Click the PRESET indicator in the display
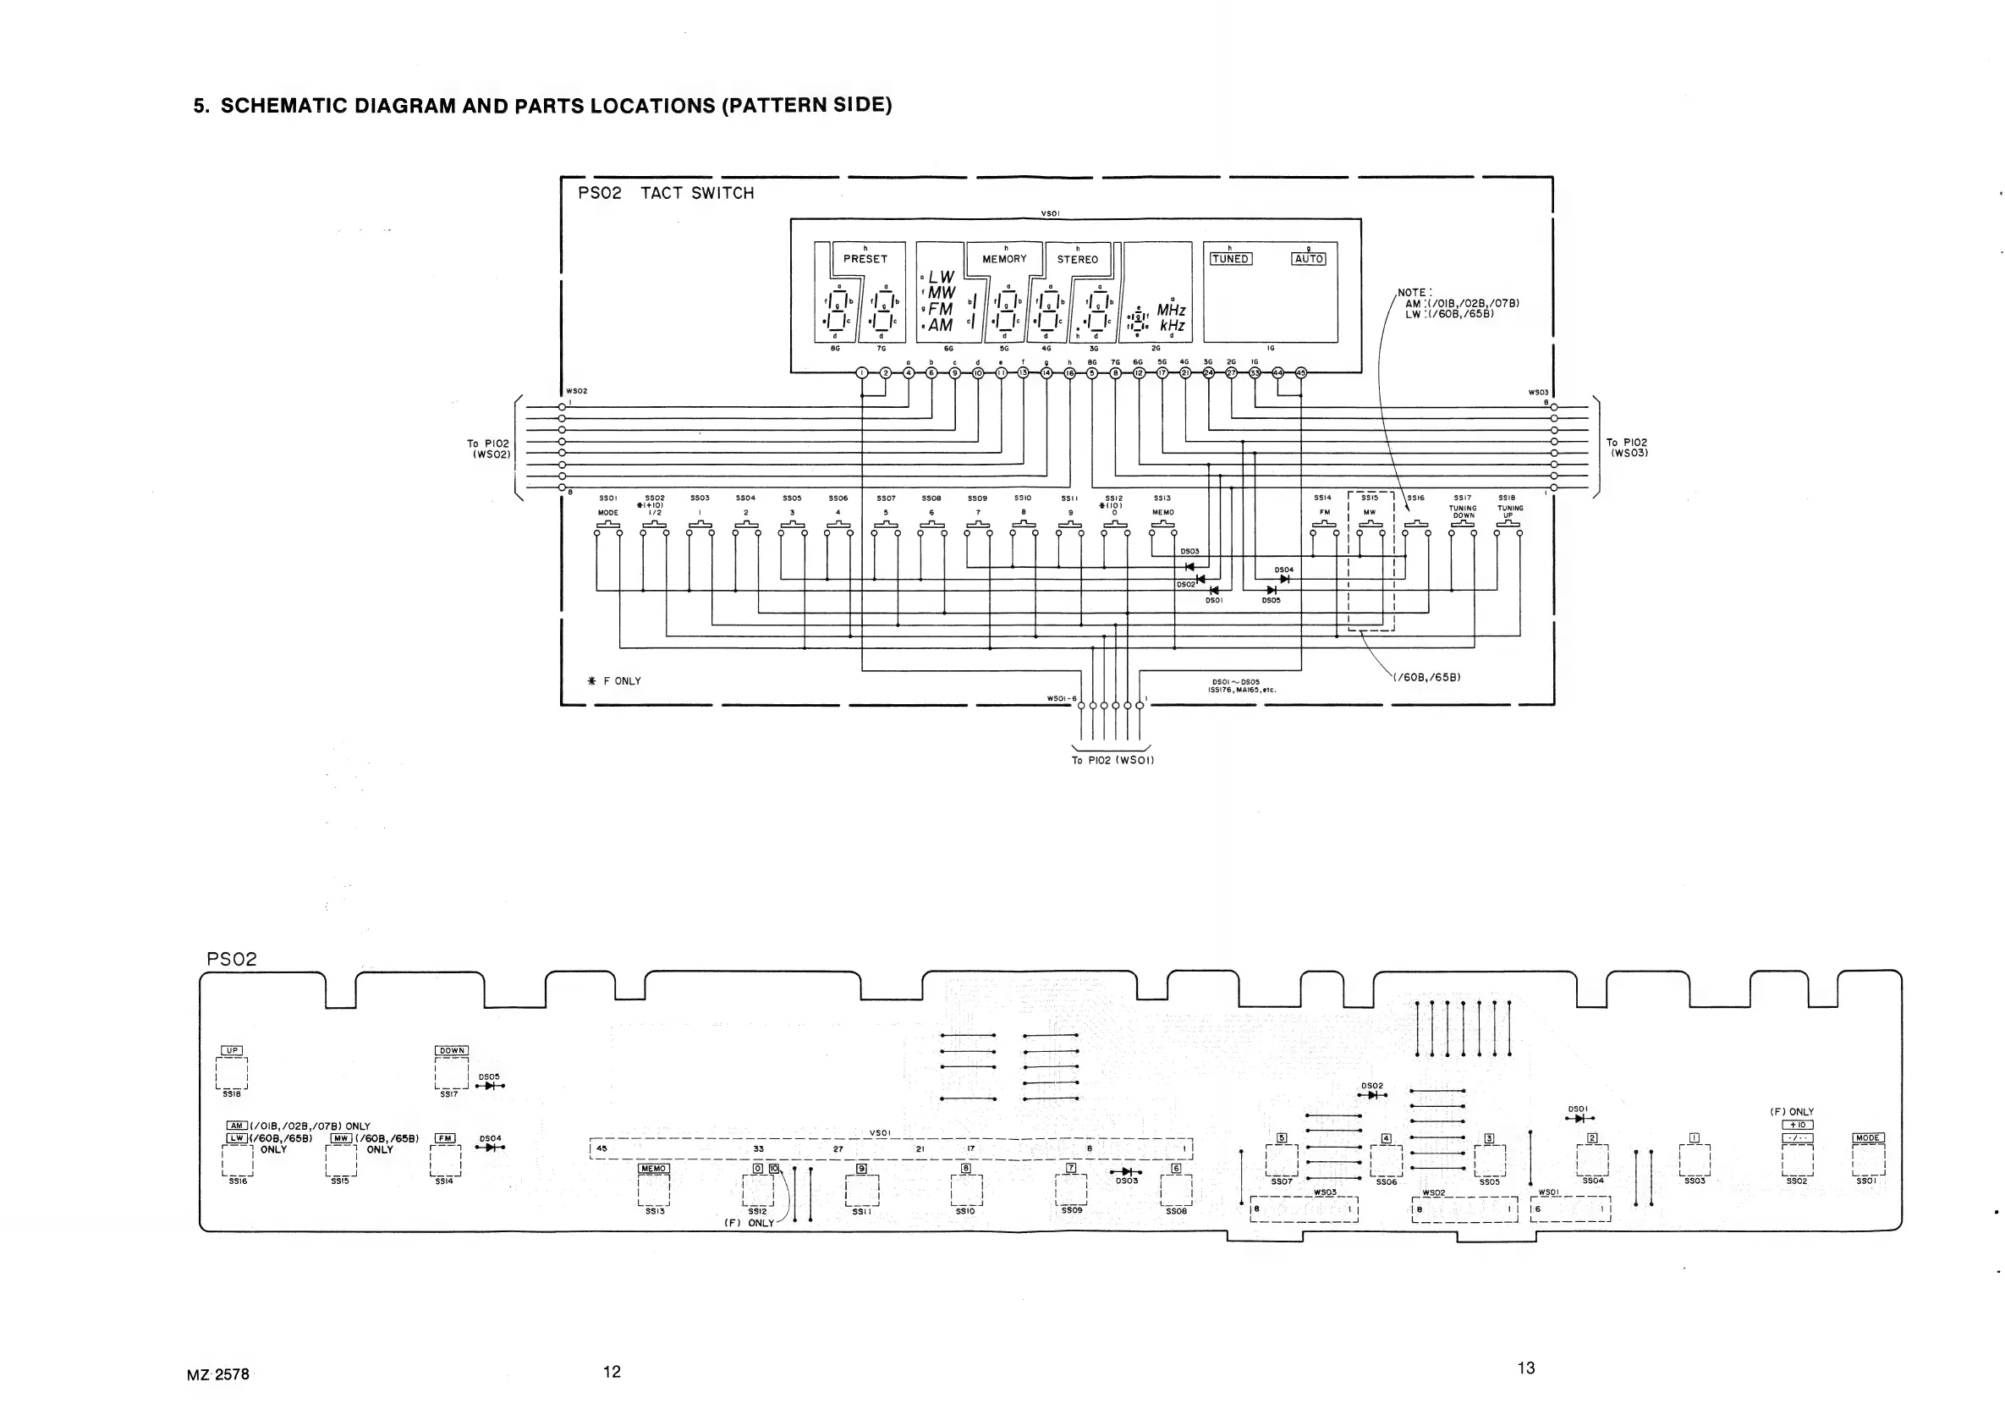pos(865,260)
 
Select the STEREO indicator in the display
pos(1078,260)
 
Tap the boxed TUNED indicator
pos(1230,259)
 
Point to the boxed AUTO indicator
pos(1308,259)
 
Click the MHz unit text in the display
pos(1171,310)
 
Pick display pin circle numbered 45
pos(1300,373)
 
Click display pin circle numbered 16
pos(1069,373)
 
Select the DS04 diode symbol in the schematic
pos(1283,578)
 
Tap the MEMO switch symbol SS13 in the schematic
pos(1162,525)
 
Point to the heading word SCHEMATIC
pos(283,106)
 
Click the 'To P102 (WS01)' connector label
pos(1112,760)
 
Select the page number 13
pos(1525,1368)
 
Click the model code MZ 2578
pos(218,1374)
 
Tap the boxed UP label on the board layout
pos(232,1051)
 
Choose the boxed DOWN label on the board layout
pos(452,1051)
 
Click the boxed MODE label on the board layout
pos(1868,1138)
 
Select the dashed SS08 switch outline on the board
pos(1175,1189)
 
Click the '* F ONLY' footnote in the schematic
pos(616,681)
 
